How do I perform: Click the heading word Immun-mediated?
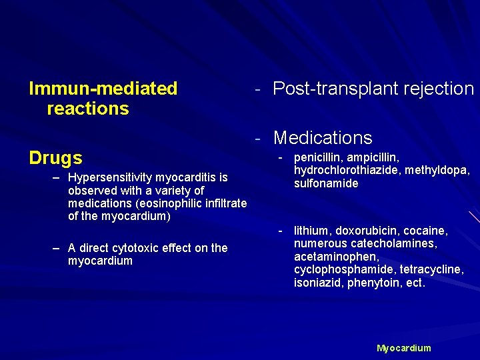103,89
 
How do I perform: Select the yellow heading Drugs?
56,158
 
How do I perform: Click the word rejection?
440,89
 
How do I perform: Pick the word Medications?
323,138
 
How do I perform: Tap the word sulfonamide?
326,183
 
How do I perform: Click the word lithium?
311,231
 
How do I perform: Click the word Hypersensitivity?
111,177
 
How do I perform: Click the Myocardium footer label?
404,348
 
